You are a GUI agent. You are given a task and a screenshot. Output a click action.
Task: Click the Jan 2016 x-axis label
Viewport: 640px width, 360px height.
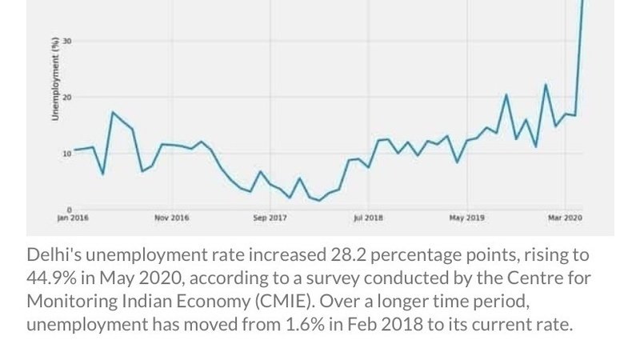[74, 218]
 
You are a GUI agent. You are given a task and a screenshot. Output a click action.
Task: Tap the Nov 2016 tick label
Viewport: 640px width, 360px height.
[172, 218]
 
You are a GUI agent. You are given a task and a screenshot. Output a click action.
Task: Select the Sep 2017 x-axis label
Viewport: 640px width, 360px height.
[270, 218]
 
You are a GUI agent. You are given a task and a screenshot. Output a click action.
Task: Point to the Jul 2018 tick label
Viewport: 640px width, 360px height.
[368, 218]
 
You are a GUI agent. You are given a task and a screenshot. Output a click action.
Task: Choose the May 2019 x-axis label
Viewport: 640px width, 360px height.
[467, 218]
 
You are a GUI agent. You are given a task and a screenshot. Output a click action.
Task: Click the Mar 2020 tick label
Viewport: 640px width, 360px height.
[566, 218]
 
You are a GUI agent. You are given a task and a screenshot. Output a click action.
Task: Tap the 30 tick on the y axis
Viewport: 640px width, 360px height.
[68, 41]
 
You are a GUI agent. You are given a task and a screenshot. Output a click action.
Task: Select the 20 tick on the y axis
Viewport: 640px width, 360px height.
[68, 97]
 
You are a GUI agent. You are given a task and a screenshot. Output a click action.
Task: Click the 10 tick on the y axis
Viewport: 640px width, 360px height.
[68, 153]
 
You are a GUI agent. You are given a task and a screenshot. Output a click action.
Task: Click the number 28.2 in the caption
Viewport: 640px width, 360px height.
[350, 256]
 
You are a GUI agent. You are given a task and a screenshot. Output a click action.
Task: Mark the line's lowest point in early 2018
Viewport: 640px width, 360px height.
[319, 200]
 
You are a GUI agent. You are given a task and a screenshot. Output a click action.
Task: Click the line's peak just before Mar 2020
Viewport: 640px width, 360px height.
[546, 85]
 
